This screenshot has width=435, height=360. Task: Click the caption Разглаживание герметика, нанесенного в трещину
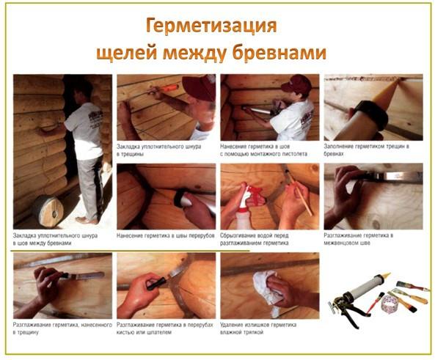coord(62,326)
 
